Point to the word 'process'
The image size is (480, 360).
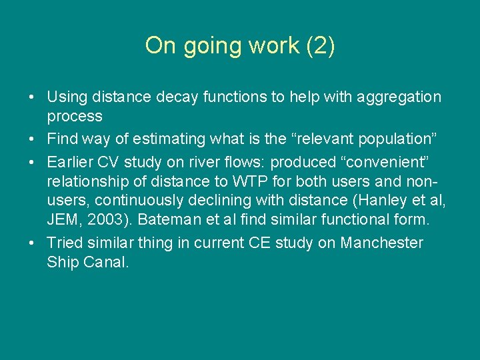pyautogui.click(x=75, y=116)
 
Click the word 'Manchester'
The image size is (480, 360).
pyautogui.click(x=381, y=243)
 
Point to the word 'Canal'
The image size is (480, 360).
pyautogui.click(x=104, y=262)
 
